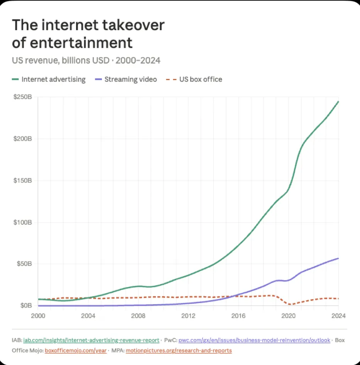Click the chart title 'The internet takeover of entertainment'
point(88,34)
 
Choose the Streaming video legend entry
point(126,79)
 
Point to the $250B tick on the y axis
point(24,97)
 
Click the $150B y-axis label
point(24,180)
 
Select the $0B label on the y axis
point(26,306)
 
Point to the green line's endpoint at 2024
point(338,101)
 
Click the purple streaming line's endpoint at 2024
point(338,258)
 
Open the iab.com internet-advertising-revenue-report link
point(91,340)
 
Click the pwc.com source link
point(254,340)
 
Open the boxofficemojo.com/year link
point(76,350)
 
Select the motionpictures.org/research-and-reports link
point(179,350)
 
